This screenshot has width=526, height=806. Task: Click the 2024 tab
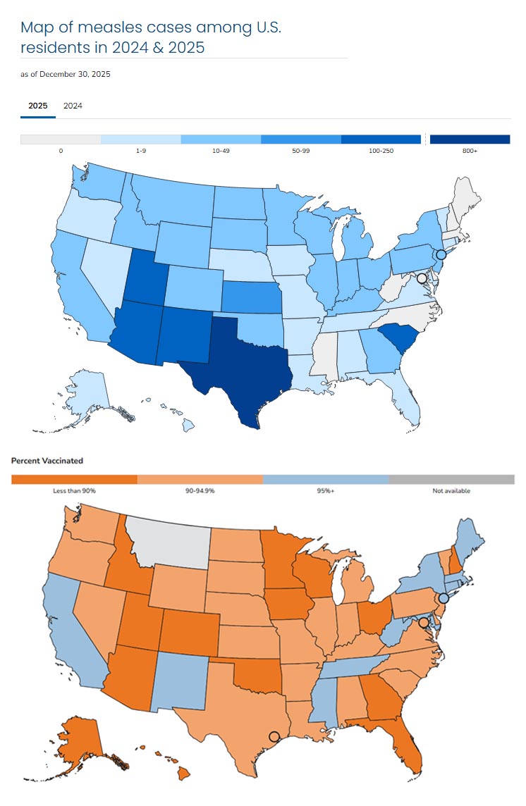(73, 106)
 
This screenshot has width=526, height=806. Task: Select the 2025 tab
(38, 106)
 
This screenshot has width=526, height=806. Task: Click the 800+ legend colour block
(470, 139)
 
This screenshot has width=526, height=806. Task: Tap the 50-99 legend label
(301, 151)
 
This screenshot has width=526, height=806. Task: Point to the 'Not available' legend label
(451, 491)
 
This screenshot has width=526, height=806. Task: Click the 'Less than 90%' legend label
(74, 491)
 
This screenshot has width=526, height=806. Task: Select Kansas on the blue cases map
(251, 296)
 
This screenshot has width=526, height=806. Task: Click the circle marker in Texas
(274, 736)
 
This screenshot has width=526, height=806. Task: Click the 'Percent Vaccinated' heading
(47, 461)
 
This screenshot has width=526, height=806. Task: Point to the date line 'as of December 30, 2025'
(65, 74)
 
